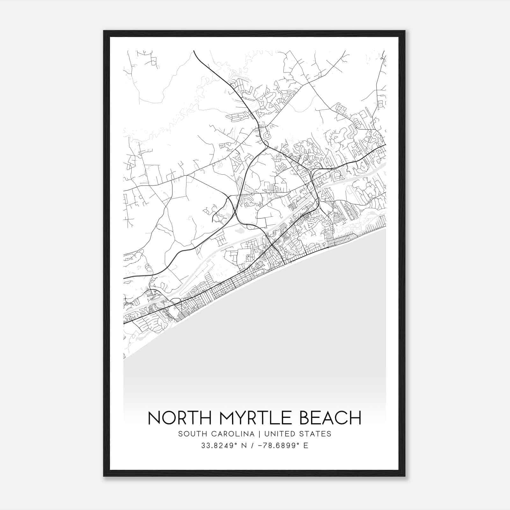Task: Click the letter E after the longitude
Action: click(306, 446)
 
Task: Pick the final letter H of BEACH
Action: click(356, 418)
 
